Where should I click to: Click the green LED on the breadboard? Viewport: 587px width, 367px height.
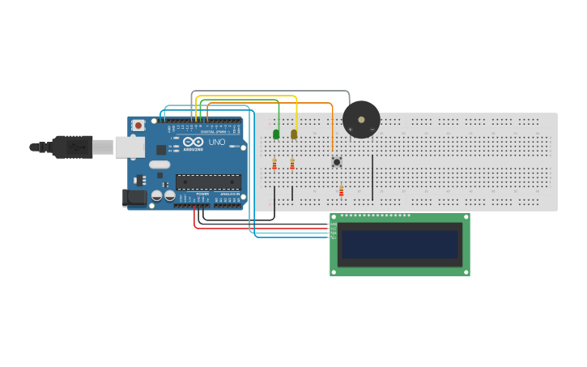(x=276, y=134)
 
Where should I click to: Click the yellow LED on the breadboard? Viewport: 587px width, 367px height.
(x=294, y=134)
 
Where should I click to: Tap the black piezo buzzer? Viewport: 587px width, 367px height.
(x=361, y=119)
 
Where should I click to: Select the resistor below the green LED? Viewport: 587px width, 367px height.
(x=274, y=164)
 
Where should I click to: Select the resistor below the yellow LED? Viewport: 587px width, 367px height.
(x=292, y=164)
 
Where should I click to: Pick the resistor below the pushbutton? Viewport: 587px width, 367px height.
(x=341, y=191)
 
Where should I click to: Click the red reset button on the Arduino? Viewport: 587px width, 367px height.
(x=138, y=126)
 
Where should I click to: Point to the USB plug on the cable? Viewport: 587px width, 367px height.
(x=74, y=147)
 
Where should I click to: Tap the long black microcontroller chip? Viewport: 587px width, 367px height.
(x=208, y=182)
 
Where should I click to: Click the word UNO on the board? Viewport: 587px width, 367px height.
(x=217, y=143)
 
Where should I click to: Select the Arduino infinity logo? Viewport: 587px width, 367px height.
(x=193, y=142)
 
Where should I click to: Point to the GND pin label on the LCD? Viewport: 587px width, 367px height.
(x=333, y=224)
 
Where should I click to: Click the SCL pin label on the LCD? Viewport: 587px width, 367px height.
(x=333, y=237)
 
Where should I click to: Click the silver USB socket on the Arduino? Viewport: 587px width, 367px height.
(x=129, y=147)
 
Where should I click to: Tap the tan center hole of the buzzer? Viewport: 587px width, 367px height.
(x=361, y=119)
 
